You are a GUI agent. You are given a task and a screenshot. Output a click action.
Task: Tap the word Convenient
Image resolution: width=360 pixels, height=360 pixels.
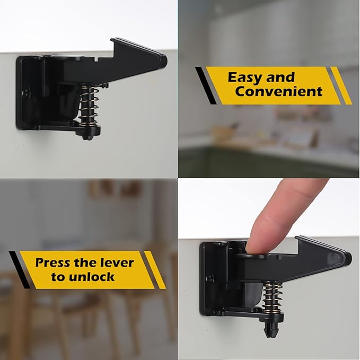click(279, 91)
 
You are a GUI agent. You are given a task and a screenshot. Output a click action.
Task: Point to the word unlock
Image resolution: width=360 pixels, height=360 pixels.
click(90, 277)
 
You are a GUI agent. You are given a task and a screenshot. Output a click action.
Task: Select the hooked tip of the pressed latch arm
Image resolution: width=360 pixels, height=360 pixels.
click(345, 258)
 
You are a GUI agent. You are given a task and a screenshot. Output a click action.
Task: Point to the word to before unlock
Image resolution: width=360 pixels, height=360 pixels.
click(58, 277)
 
